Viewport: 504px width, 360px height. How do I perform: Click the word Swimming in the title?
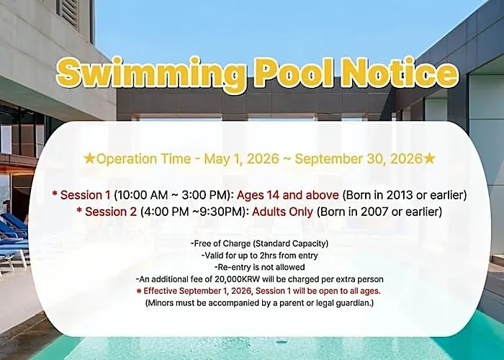(150, 73)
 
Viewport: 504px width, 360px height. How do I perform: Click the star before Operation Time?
(89, 158)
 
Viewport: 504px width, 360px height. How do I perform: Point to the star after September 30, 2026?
(429, 158)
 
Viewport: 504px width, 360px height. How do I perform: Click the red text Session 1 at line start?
(85, 195)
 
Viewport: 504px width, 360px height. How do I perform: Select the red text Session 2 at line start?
(111, 212)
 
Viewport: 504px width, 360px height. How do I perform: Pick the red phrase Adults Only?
(282, 212)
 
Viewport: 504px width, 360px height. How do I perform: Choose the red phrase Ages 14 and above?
(288, 195)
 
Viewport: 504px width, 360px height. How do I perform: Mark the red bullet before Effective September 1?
(139, 291)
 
